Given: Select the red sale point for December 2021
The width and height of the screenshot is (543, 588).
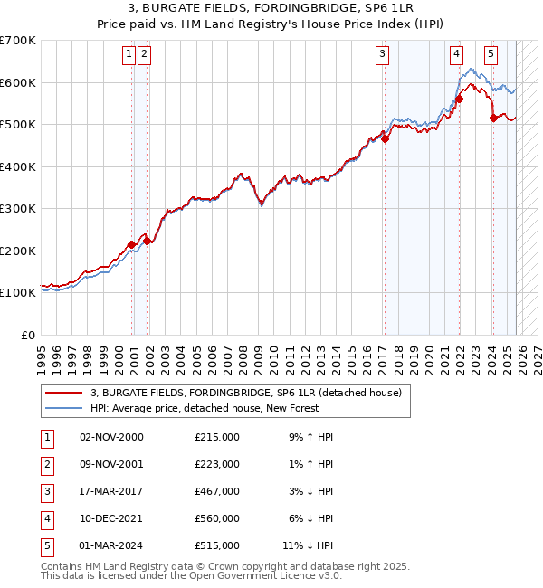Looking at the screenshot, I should (459, 100).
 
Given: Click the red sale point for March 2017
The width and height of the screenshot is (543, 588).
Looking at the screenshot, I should (385, 138).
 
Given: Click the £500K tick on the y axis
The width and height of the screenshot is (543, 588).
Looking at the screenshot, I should (18, 125).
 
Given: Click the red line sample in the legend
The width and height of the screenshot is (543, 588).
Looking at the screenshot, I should (64, 393).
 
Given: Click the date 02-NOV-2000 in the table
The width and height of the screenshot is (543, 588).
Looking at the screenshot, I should (111, 437).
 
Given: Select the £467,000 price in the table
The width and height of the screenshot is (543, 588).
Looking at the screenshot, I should (217, 491).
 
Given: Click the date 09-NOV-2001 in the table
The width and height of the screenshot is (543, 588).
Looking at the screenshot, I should (111, 464).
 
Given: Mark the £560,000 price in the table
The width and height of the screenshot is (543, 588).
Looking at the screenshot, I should (217, 518).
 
